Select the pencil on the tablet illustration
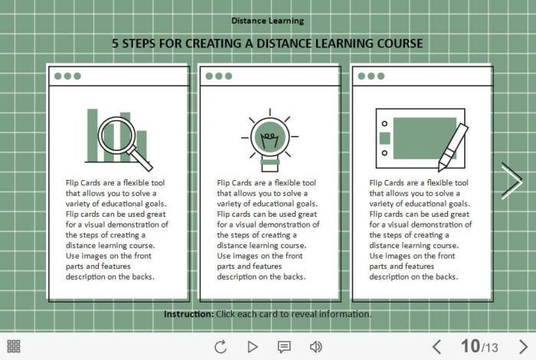tap(453, 147)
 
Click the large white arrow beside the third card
tap(511, 182)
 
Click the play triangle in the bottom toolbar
tap(252, 347)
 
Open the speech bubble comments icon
tap(284, 347)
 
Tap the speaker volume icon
tap(315, 347)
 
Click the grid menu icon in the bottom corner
tap(14, 346)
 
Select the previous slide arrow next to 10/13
tap(436, 347)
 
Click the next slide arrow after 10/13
tap(523, 347)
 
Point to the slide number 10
tap(470, 346)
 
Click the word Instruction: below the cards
tap(188, 314)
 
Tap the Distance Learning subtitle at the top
tap(268, 21)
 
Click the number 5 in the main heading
tap(115, 44)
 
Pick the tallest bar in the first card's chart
tap(93, 136)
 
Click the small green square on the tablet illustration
tap(385, 139)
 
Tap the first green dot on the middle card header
tap(209, 76)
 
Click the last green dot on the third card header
tap(381, 76)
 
